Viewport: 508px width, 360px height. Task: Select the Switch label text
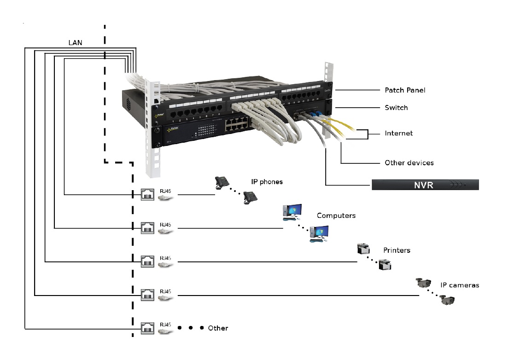point(396,108)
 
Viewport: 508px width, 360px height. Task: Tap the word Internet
point(399,134)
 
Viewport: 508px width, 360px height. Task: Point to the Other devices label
point(409,163)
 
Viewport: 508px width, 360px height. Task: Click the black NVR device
point(425,185)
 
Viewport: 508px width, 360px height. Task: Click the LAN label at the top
point(76,43)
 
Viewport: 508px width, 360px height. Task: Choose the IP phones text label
point(267,182)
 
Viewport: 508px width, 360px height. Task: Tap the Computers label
point(336,215)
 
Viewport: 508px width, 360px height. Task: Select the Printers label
point(397,250)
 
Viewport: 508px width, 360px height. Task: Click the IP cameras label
point(460,285)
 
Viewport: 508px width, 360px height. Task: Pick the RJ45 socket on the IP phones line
point(147,195)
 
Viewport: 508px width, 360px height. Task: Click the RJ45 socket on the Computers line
point(147,228)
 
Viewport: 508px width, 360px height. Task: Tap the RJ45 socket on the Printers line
point(147,262)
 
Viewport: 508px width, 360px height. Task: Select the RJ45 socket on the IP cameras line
point(147,296)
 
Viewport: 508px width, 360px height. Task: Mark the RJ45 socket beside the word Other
point(147,329)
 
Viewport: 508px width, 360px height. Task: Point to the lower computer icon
point(319,233)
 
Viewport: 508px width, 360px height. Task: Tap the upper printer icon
point(364,250)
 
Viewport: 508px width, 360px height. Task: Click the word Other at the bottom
point(218,328)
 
